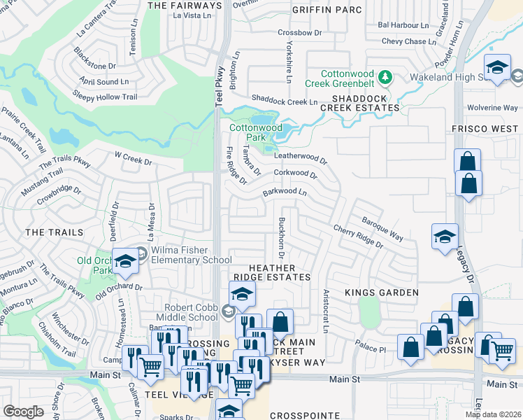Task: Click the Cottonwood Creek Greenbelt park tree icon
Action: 384,75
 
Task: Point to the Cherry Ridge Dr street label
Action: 358,237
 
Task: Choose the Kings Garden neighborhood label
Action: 382,292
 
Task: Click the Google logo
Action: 23,412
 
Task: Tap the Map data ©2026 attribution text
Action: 493,414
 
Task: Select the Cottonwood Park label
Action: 256,132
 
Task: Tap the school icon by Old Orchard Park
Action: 125,261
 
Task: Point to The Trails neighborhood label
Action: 54,232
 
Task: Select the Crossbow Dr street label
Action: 299,32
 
